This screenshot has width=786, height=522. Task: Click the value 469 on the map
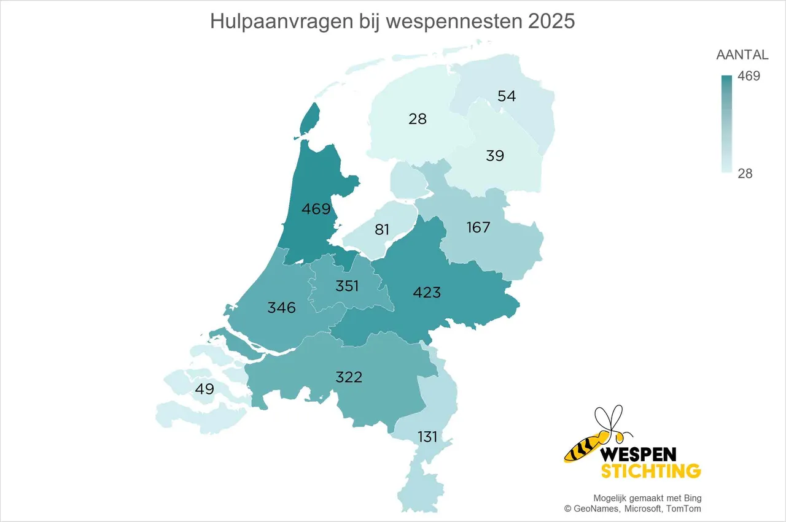(x=316, y=209)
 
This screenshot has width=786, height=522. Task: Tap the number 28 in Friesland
(x=418, y=119)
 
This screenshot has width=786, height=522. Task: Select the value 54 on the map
(x=507, y=96)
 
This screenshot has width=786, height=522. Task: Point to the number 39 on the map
(x=495, y=156)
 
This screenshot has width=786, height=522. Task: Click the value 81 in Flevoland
(x=383, y=229)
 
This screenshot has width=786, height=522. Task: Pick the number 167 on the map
(x=478, y=228)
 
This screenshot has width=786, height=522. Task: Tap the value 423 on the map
(x=427, y=293)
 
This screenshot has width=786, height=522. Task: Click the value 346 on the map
(x=281, y=307)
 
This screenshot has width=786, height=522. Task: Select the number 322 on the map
(x=349, y=377)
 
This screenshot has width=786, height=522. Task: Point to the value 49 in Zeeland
(x=204, y=389)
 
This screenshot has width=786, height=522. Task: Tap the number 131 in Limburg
(x=428, y=437)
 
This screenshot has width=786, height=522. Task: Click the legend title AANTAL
(x=742, y=55)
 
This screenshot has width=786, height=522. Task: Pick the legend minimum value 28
(x=745, y=174)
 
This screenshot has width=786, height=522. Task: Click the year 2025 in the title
(x=551, y=21)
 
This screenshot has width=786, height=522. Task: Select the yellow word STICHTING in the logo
(x=651, y=471)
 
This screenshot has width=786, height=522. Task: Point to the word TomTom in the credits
(x=686, y=509)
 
